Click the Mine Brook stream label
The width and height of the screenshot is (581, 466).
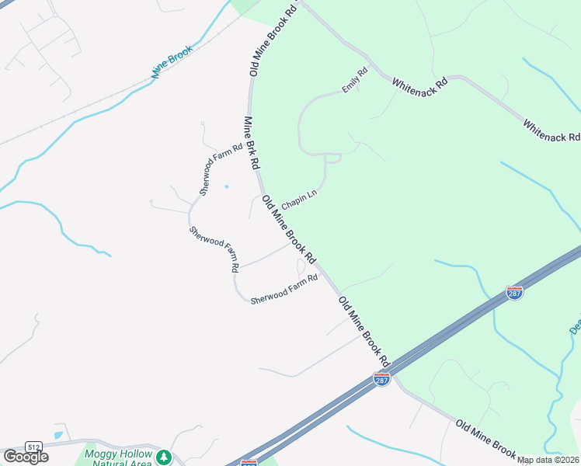[x=172, y=62]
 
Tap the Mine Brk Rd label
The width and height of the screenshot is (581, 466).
[x=252, y=144]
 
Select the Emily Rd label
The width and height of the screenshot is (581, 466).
[x=354, y=80]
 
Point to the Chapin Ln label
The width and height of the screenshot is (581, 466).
[x=300, y=201]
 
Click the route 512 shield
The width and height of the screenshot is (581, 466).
[x=33, y=447]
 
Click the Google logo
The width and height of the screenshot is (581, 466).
[x=26, y=456]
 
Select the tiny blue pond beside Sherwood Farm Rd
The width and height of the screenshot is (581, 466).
[x=227, y=186]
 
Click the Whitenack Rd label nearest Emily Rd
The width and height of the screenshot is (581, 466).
[x=420, y=82]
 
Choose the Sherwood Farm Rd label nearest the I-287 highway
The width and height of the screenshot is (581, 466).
[x=284, y=290]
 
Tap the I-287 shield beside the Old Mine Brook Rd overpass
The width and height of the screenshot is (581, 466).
[x=381, y=380]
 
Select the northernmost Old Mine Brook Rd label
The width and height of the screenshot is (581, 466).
[x=274, y=37]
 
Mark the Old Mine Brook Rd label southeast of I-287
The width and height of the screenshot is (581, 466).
[x=486, y=438]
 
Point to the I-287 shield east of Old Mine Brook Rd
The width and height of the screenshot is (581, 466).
[x=513, y=292]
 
